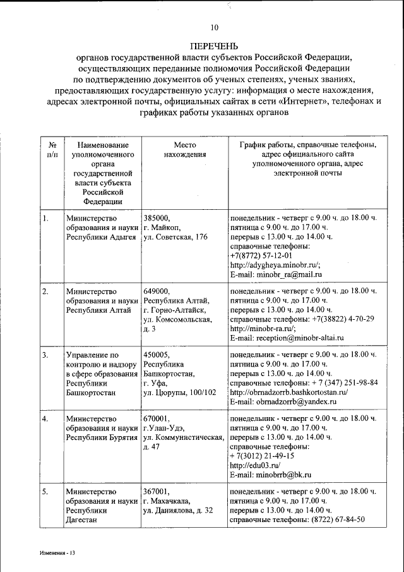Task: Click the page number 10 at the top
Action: pyautogui.click(x=214, y=27)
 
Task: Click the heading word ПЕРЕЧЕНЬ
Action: pyautogui.click(x=214, y=46)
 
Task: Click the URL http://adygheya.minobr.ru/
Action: pyautogui.click(x=275, y=265)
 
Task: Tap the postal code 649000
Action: pyautogui.click(x=157, y=291)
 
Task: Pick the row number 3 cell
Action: pyautogui.click(x=46, y=355)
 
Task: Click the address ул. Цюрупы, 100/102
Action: pyautogui.click(x=180, y=392)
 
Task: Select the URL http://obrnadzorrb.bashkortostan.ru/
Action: pyautogui.click(x=294, y=392)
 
